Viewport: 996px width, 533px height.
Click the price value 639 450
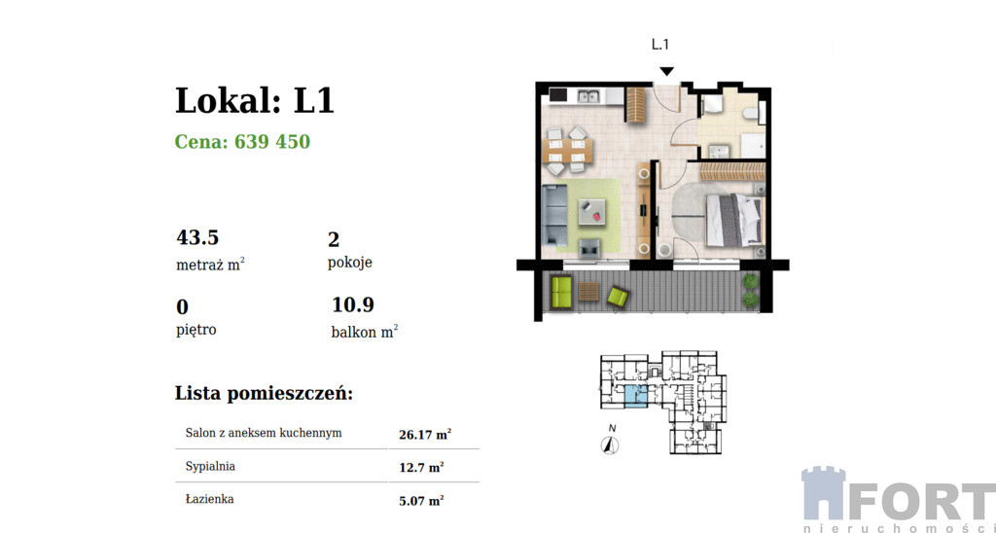[x=272, y=142]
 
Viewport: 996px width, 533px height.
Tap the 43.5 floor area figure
[x=197, y=237]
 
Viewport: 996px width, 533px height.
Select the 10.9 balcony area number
[x=353, y=305]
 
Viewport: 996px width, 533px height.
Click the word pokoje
[x=350, y=263]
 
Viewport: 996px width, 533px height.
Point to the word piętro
[x=196, y=331]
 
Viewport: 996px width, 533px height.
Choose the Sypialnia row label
[x=210, y=467]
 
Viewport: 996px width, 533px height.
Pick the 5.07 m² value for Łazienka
[x=421, y=501]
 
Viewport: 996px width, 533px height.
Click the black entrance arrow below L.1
[x=665, y=72]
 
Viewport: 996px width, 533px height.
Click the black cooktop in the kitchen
[x=558, y=96]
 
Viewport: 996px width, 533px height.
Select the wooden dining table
[x=570, y=151]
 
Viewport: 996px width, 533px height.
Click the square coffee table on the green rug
[x=592, y=213]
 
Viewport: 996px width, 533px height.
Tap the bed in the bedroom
[x=733, y=221]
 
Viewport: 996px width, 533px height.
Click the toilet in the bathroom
[x=750, y=114]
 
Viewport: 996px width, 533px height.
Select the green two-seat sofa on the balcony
[x=561, y=292]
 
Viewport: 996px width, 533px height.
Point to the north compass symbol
[x=611, y=445]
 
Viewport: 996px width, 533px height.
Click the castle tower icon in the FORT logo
[x=823, y=493]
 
